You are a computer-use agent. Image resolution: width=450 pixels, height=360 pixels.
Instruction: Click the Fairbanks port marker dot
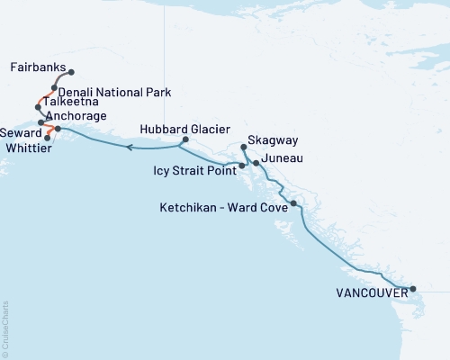[71, 73]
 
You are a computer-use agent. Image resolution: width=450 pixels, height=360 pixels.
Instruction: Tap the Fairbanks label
[39, 67]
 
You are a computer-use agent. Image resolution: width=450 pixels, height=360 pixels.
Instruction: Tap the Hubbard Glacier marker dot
[184, 139]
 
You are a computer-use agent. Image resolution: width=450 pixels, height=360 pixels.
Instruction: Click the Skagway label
[274, 142]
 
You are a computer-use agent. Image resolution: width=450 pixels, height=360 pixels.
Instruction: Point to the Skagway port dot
[244, 147]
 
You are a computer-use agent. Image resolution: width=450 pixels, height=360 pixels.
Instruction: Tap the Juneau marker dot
[256, 163]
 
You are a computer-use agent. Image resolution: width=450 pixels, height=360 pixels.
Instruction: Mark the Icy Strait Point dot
[241, 166]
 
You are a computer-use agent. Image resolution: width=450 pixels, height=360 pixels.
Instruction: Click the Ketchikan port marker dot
[293, 205]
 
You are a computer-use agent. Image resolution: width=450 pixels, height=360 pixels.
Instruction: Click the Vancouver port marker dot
[413, 290]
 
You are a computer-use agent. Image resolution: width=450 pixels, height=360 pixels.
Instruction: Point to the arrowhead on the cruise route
[129, 147]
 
